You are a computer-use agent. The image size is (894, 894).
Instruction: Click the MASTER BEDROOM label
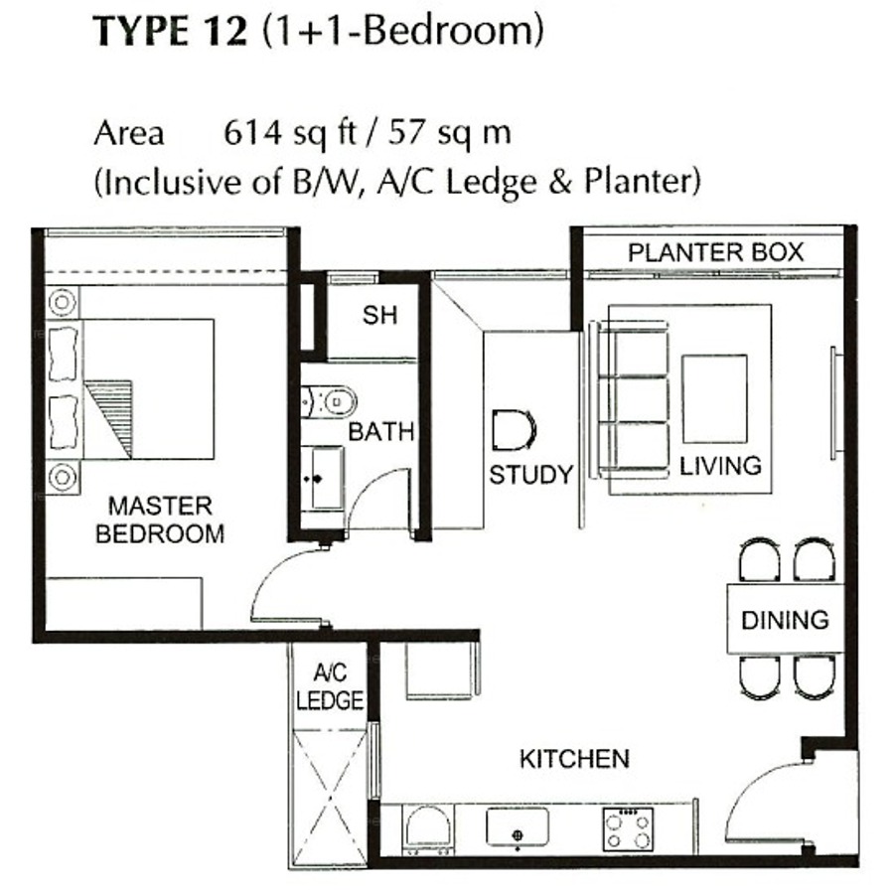click(x=160, y=520)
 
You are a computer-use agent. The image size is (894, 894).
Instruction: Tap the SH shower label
click(x=379, y=315)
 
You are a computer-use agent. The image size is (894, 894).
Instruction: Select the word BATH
click(x=380, y=432)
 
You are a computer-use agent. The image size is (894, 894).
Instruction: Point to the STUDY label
click(x=530, y=475)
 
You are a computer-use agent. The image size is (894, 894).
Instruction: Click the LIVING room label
click(x=721, y=466)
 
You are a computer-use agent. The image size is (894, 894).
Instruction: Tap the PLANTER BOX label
click(x=715, y=252)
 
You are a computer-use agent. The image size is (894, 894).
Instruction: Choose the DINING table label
click(x=785, y=620)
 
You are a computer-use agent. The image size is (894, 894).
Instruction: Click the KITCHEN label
click(x=575, y=759)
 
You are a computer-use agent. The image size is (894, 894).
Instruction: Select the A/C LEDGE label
click(x=330, y=687)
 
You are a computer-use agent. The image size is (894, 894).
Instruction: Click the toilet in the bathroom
click(x=329, y=402)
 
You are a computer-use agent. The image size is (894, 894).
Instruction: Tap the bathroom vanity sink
click(x=322, y=479)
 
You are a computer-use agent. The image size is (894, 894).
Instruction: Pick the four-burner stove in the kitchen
click(x=628, y=829)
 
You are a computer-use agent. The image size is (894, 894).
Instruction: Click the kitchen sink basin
click(x=518, y=826)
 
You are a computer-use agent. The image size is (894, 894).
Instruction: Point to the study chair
click(x=515, y=430)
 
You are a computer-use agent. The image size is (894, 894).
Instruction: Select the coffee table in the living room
click(x=714, y=398)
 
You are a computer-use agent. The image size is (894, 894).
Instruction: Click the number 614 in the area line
click(x=252, y=133)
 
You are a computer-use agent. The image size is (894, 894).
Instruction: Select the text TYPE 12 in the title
click(x=171, y=32)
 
